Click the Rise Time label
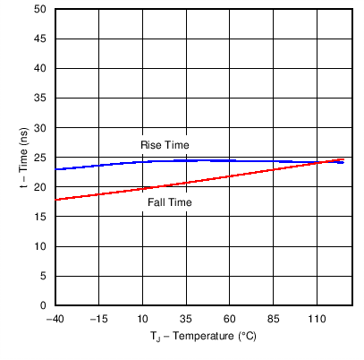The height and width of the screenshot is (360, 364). coord(165,145)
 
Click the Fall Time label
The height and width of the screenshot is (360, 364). coord(170,202)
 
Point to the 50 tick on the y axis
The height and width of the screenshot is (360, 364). coord(41,10)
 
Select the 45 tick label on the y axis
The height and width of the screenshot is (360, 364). coord(41,39)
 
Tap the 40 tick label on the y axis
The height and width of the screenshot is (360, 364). coord(41,69)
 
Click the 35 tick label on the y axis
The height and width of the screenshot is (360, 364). coord(41,99)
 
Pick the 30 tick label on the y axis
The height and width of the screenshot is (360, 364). coord(41,128)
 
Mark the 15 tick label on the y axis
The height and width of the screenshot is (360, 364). coord(41,217)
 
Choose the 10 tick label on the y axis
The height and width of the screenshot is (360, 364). coord(41,246)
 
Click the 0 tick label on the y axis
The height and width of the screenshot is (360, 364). coord(44,305)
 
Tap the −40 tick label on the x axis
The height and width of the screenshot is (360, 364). coord(55,319)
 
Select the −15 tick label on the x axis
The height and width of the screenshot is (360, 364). coord(98,319)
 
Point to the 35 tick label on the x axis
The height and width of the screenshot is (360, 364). coord(186,319)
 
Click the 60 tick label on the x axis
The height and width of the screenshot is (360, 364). coord(230,319)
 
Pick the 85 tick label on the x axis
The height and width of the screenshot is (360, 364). coord(274,319)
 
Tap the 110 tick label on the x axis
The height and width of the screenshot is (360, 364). coord(317,319)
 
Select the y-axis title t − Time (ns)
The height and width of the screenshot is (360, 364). coord(24,158)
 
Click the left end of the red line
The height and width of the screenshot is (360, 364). coord(55,199)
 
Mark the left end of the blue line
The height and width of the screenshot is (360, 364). coord(55,169)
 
